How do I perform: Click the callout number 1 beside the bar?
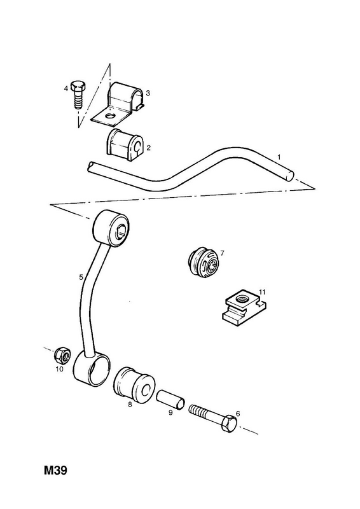(279, 157)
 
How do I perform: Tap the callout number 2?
(148, 148)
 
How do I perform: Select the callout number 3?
(148, 94)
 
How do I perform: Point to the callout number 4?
(66, 88)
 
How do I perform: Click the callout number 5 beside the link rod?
(81, 277)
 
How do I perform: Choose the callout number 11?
(263, 292)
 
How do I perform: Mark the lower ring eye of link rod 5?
(92, 370)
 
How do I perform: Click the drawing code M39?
(55, 470)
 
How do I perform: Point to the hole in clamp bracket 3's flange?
(110, 115)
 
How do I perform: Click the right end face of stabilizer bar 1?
(289, 176)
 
